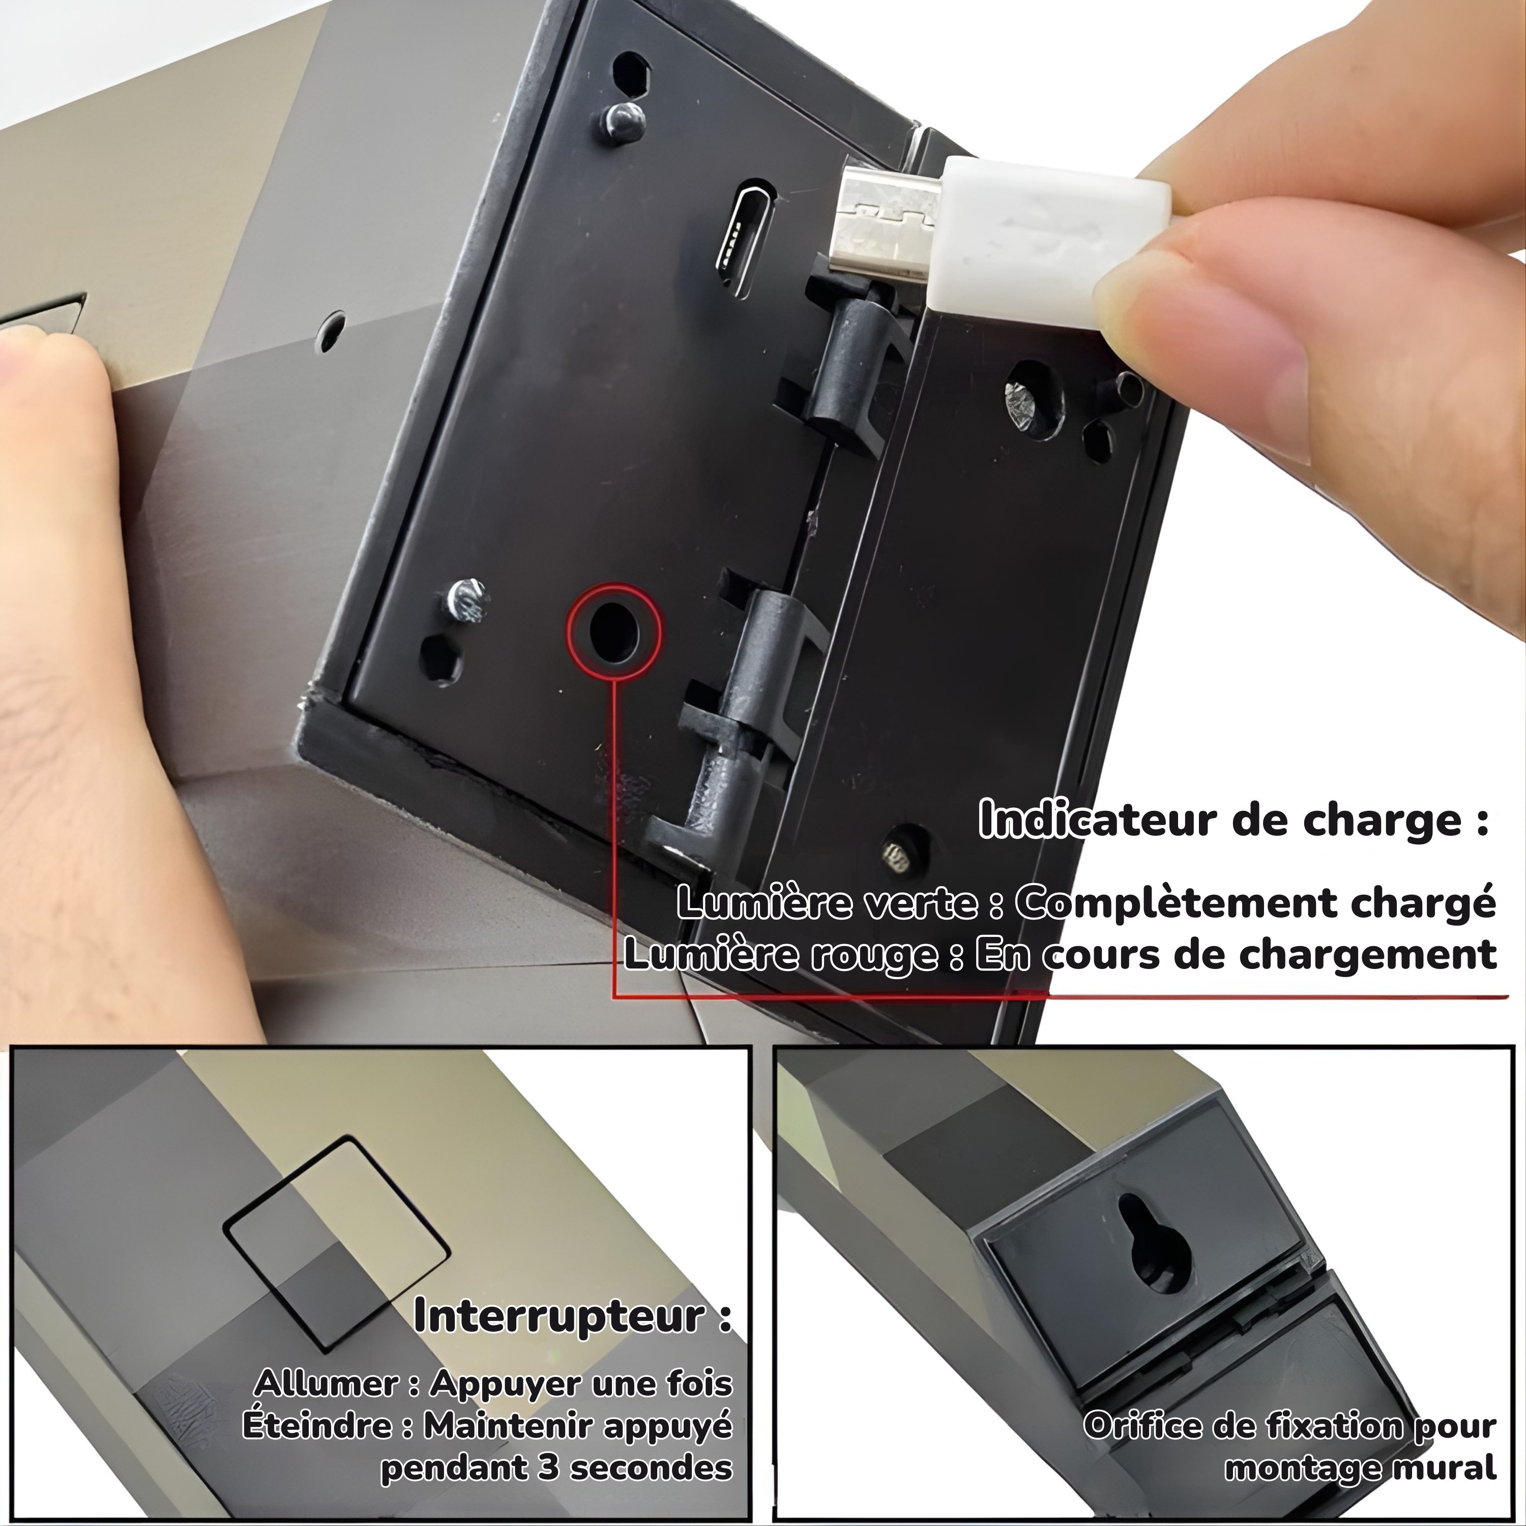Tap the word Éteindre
[328, 1426]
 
